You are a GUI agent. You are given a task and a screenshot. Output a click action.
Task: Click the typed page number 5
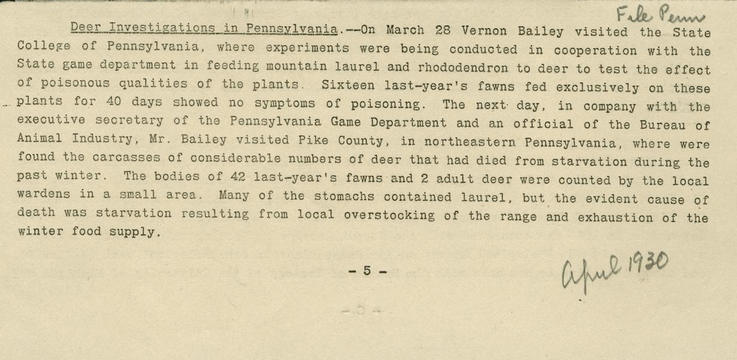(x=367, y=271)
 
